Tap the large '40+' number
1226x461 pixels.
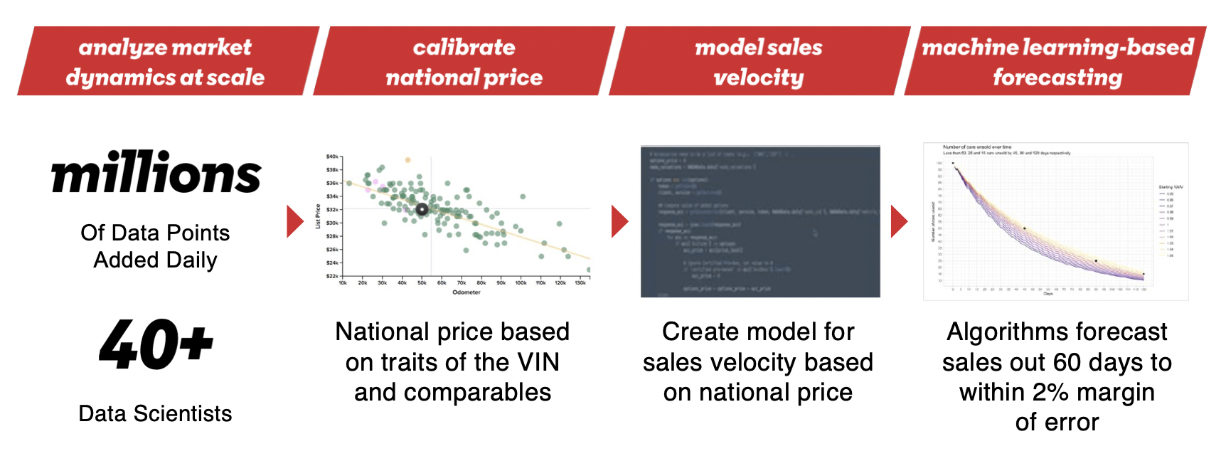[156, 345]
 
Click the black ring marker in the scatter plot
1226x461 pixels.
[422, 209]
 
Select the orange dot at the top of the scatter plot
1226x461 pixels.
[407, 160]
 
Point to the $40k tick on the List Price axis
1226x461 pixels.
[332, 157]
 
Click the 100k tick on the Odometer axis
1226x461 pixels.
[521, 283]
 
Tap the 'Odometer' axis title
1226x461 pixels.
[467, 292]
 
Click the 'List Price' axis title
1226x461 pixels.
[318, 217]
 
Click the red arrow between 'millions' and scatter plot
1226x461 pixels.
[294, 221]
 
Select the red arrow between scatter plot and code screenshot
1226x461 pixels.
[619, 221]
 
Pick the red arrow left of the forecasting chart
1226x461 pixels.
[899, 221]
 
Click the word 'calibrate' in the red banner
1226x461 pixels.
[464, 48]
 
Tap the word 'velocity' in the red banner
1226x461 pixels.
[758, 78]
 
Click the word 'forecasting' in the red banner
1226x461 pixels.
[1057, 78]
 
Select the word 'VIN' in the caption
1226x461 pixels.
[538, 362]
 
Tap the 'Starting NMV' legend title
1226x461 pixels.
[1171, 187]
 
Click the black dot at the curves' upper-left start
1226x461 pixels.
[953, 164]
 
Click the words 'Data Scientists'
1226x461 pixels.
[155, 413]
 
